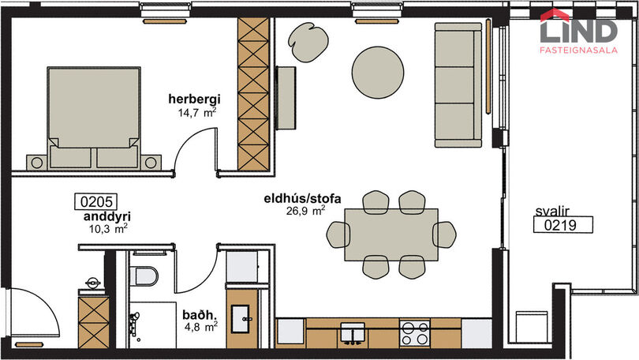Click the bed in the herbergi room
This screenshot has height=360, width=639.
(94, 118)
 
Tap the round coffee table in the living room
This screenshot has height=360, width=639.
(378, 72)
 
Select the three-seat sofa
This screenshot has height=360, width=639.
(458, 84)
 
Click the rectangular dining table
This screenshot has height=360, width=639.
(391, 234)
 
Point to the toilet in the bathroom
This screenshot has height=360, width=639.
(144, 276)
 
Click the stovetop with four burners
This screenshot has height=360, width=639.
(414, 333)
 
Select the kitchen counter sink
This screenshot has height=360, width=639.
(353, 332)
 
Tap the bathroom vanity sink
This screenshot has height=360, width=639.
(241, 319)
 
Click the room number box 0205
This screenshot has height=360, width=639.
(96, 202)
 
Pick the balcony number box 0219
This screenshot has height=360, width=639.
(562, 225)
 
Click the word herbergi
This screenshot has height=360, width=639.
(194, 99)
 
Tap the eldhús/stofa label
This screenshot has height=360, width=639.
(302, 198)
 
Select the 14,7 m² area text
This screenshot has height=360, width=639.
(197, 113)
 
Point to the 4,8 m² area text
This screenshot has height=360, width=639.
(200, 327)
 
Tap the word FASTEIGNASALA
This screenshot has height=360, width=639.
(579, 51)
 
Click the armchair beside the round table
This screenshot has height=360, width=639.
(308, 41)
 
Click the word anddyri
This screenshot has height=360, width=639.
(107, 216)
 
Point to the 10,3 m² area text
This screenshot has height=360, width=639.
(108, 229)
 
